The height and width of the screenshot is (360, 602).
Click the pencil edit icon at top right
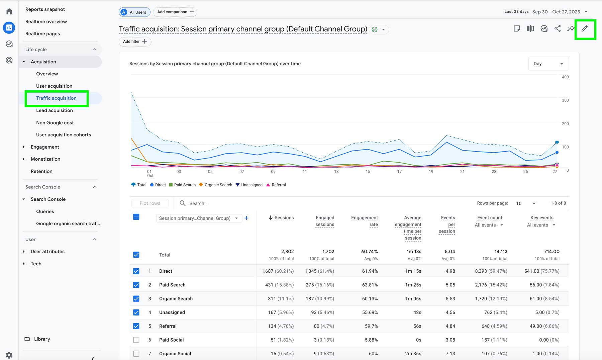pyautogui.click(x=584, y=29)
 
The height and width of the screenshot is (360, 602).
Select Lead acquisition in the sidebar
pyautogui.click(x=54, y=110)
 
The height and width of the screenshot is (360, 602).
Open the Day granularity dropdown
pyautogui.click(x=548, y=64)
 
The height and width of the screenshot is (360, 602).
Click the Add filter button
pyautogui.click(x=135, y=41)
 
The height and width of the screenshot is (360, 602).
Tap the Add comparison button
pyautogui.click(x=175, y=12)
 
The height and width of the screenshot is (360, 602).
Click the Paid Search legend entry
pyautogui.click(x=182, y=185)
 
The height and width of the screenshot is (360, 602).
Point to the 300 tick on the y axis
pyautogui.click(x=565, y=100)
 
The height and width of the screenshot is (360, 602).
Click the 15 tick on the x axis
pyautogui.click(x=368, y=172)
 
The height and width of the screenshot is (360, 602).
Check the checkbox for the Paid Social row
pyautogui.click(x=136, y=340)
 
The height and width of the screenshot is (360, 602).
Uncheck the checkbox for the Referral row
pyautogui.click(x=136, y=326)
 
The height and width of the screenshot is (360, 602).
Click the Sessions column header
pyautogui.click(x=284, y=218)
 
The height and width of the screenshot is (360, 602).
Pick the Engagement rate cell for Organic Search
pyautogui.click(x=370, y=299)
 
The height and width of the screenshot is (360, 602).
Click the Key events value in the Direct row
pyautogui.click(x=541, y=271)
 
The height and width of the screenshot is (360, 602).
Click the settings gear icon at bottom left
pyautogui.click(x=9, y=355)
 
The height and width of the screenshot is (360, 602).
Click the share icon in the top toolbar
pyautogui.click(x=557, y=29)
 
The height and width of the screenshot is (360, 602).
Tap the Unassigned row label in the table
pyautogui.click(x=172, y=312)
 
